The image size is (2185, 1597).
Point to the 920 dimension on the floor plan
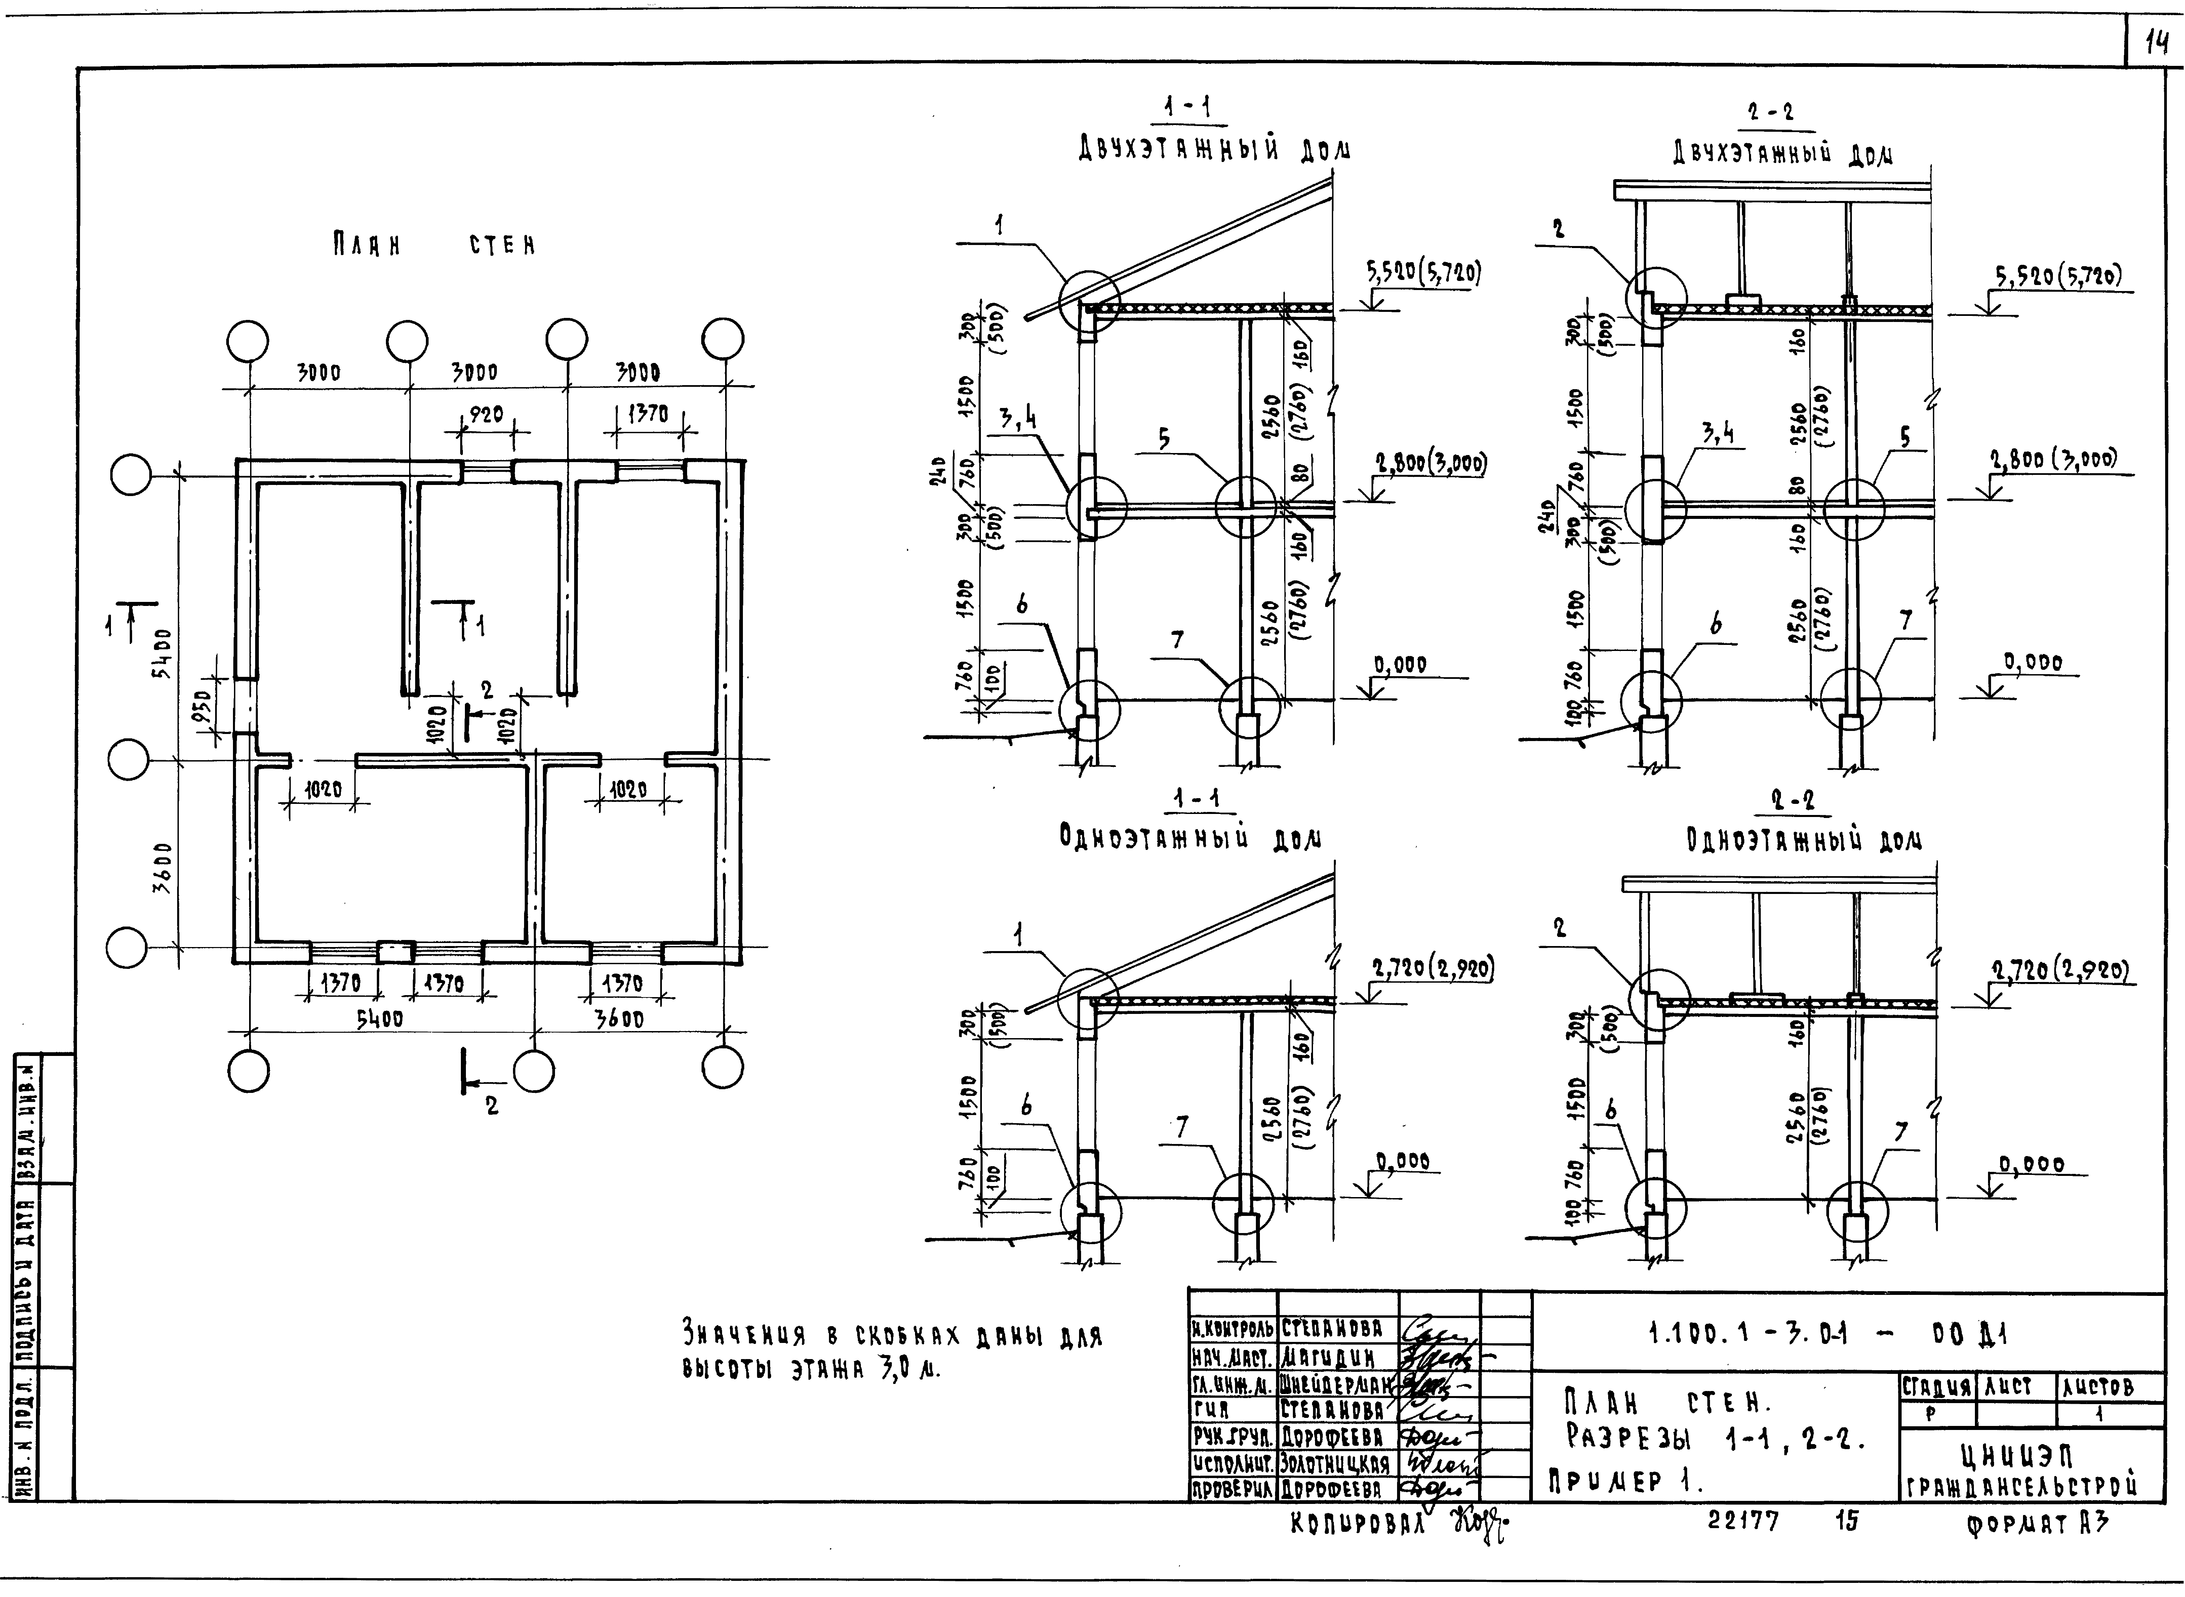coord(485,415)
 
